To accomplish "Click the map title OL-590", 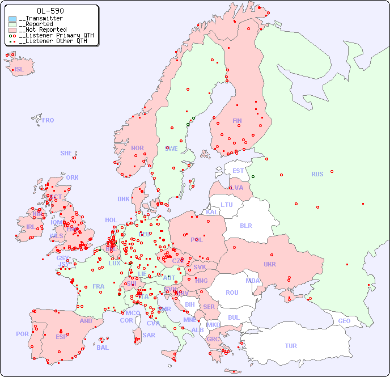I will coord(50,11).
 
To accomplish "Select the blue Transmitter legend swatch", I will coord(12,19).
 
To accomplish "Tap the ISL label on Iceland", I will coord(19,70).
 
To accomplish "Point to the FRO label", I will coord(48,120).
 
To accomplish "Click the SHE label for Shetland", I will coord(66,153).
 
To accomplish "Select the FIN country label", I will coord(237,121).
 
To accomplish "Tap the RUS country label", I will coord(317,174).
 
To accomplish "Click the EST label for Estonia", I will coord(238,171).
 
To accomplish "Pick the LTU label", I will coord(227,205).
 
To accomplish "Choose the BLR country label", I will coord(245,225).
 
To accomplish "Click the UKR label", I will coord(270,264).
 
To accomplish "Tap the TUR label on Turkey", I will coord(291,346).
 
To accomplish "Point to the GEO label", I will coord(344,321).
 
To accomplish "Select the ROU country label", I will coord(232,293).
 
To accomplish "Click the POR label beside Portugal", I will coord(22,334).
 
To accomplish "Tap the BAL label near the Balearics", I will coord(103,348).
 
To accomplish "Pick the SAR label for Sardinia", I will coord(149,335).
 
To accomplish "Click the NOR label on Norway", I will coord(137,148).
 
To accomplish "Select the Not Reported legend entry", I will coord(43,29).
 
